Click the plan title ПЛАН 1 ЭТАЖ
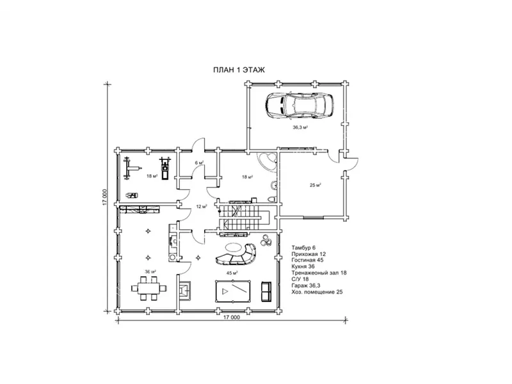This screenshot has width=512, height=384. [x=239, y=70]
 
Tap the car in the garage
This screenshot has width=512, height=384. [x=300, y=105]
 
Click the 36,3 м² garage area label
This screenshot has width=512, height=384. [x=300, y=127]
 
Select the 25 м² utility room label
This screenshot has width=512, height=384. [x=315, y=185]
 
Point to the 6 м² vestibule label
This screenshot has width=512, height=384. [x=199, y=163]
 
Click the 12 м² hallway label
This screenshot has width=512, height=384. [x=202, y=206]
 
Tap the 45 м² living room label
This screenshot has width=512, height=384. [x=232, y=273]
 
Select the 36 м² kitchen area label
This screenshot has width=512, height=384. [x=150, y=271]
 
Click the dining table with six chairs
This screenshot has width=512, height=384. [x=149, y=288]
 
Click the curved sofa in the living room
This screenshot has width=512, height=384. [x=236, y=255]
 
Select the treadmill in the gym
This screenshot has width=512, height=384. [x=165, y=168]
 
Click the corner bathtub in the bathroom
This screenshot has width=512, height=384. [x=267, y=161]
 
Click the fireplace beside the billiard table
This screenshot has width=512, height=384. [x=184, y=291]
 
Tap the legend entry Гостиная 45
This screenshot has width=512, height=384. [x=307, y=260]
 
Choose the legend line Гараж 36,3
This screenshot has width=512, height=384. [x=306, y=285]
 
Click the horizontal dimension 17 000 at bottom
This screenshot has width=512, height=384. [x=232, y=317]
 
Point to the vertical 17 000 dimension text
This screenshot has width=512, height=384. [x=105, y=197]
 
